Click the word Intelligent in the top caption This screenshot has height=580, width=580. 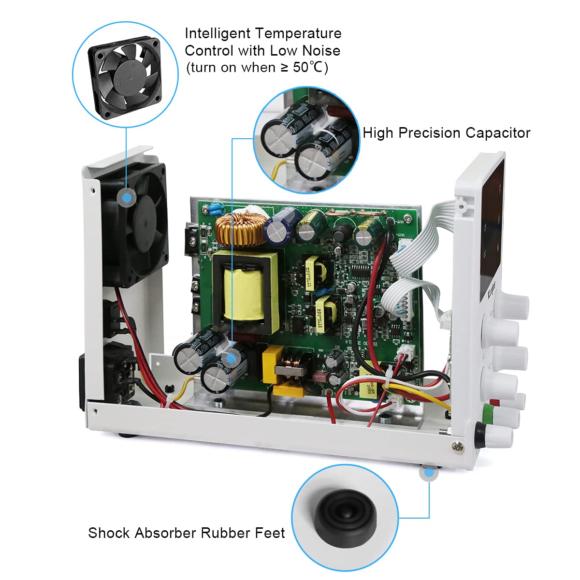pos(217,33)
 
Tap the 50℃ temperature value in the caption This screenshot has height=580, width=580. pos(307,68)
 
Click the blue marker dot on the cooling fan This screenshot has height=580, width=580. pos(127,197)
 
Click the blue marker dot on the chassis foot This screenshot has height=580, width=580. pos(429,473)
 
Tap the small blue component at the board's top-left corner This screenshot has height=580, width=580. pos(213,209)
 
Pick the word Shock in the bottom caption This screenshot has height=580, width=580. pos(109,533)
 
